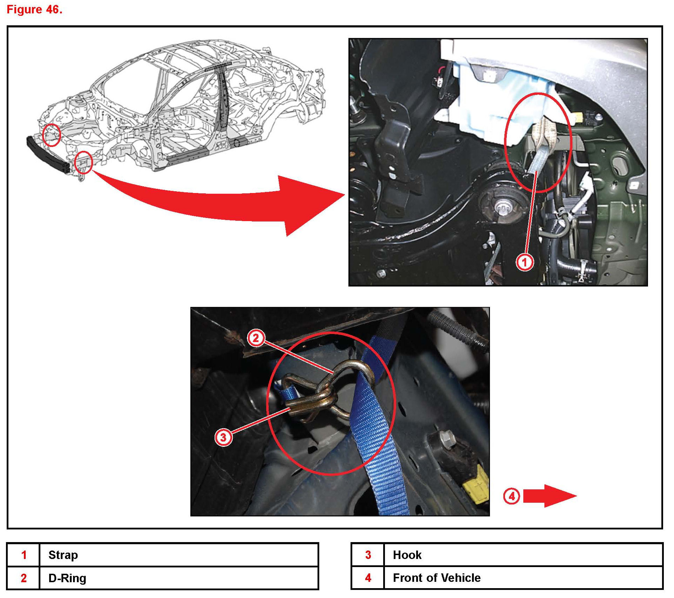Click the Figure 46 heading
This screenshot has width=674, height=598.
34,9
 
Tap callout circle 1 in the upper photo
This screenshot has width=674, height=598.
524,262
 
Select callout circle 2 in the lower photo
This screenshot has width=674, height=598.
256,338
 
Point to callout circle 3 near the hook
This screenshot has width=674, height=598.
223,437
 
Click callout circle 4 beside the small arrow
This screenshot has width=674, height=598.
511,496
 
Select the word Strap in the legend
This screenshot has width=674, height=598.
63,555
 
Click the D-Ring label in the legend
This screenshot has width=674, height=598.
67,578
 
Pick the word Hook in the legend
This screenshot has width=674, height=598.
407,555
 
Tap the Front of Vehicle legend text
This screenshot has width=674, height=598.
437,578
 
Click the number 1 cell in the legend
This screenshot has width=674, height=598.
24,555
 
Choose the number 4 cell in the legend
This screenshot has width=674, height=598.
368,578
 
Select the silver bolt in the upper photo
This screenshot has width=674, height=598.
502,209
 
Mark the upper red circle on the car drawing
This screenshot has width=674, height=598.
51,135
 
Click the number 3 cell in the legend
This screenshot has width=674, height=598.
368,555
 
